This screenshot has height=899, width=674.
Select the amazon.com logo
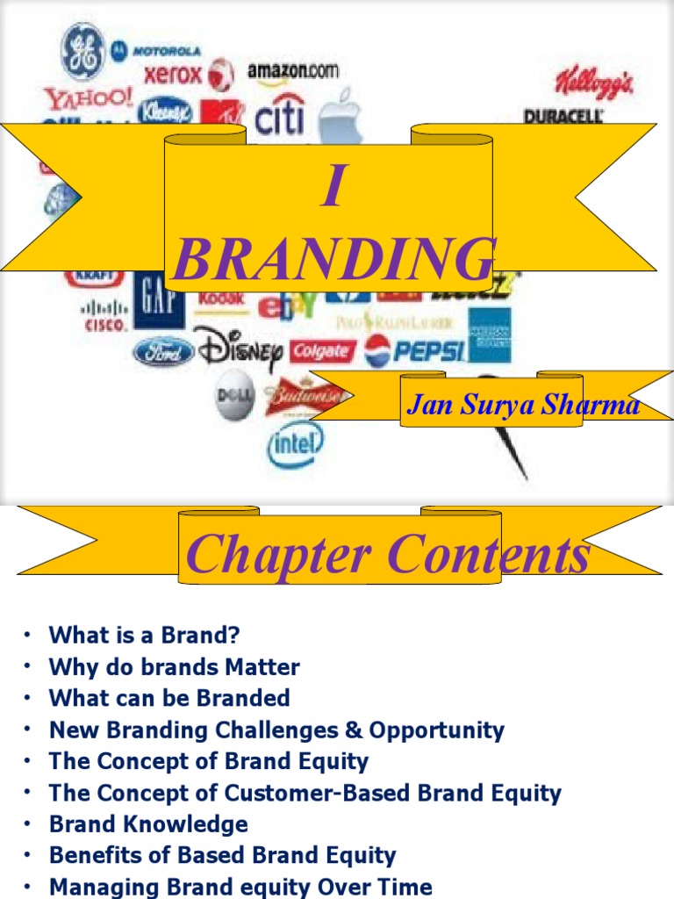click(292, 71)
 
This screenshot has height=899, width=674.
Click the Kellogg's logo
click(593, 83)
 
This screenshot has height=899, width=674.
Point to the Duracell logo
click(563, 116)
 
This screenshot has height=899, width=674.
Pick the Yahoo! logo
click(90, 97)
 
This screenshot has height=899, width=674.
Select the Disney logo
click(238, 349)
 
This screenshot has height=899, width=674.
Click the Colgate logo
click(321, 352)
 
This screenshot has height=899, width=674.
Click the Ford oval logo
click(163, 353)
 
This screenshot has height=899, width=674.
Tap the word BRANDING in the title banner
click(333, 259)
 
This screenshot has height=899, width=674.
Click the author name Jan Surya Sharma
click(523, 406)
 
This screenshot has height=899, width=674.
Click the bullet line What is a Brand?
click(144, 635)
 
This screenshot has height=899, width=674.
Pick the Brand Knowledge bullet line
click(148, 824)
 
